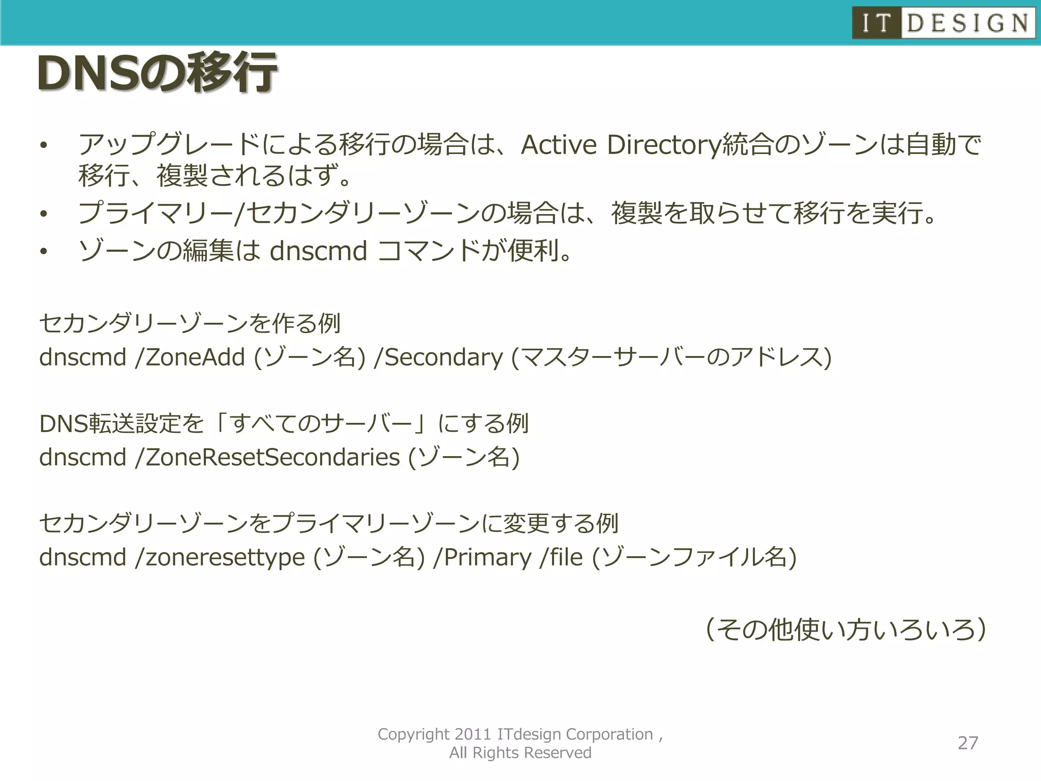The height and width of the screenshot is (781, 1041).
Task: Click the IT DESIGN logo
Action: pyautogui.click(x=943, y=23)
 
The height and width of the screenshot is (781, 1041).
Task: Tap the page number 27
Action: pyautogui.click(x=968, y=743)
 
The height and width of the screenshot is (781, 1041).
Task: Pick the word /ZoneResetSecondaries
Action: pyautogui.click(x=268, y=457)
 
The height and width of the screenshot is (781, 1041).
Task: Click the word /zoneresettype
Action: pyautogui.click(x=220, y=557)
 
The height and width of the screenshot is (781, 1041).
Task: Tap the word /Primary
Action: pyautogui.click(x=482, y=557)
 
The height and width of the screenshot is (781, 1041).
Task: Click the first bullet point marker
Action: pyautogui.click(x=44, y=146)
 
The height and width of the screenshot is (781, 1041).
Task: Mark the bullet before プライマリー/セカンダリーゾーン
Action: pyautogui.click(x=44, y=214)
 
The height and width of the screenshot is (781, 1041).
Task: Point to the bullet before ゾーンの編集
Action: pyautogui.click(x=44, y=251)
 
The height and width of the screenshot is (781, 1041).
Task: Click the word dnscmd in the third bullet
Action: pyautogui.click(x=318, y=251)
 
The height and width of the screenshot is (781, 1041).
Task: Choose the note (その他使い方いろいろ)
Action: pyautogui.click(x=846, y=630)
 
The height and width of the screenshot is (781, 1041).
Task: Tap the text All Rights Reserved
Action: pyautogui.click(x=520, y=753)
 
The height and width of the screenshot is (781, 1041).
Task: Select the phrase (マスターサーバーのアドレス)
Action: pyautogui.click(x=671, y=357)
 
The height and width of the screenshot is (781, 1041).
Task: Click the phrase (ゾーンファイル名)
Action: pyautogui.click(x=694, y=557)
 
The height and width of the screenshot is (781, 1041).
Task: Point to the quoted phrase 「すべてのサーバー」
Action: pyautogui.click(x=321, y=424)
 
